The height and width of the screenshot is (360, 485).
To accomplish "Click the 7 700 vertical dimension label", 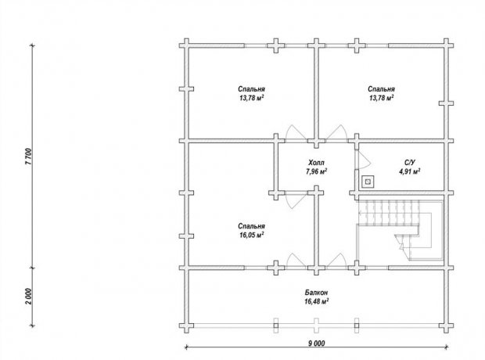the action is click(x=28, y=157).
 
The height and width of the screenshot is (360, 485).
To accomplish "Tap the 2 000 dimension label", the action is click(x=28, y=297).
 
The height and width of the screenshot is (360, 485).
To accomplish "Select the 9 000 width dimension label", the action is click(x=317, y=343).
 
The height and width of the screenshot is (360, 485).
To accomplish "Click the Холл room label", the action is click(x=317, y=163).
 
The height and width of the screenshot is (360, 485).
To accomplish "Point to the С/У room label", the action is click(x=410, y=163).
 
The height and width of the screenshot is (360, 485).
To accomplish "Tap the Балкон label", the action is click(x=317, y=292).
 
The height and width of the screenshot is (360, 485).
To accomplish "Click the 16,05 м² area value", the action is click(x=251, y=235).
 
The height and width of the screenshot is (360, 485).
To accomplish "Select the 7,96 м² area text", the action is click(x=317, y=171).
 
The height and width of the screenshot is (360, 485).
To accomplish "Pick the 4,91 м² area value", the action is click(x=410, y=171).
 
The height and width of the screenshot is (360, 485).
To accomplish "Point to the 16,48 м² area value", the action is click(x=317, y=301).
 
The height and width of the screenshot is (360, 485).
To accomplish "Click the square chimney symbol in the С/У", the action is click(x=368, y=182).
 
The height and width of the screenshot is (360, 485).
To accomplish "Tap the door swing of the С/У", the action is click(x=364, y=160).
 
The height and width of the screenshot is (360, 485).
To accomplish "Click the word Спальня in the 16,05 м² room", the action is click(x=251, y=226).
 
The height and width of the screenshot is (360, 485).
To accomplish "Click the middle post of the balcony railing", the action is click(x=316, y=326).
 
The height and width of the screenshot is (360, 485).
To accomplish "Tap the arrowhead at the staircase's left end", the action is click(x=361, y=213).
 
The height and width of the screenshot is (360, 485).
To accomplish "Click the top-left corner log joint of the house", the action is click(x=186, y=45).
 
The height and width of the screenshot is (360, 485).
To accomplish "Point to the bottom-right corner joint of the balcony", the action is click(x=446, y=326).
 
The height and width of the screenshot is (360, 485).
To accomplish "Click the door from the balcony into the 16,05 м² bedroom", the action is click(x=296, y=261).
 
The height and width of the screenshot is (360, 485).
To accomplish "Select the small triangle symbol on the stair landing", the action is click(x=401, y=247).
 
